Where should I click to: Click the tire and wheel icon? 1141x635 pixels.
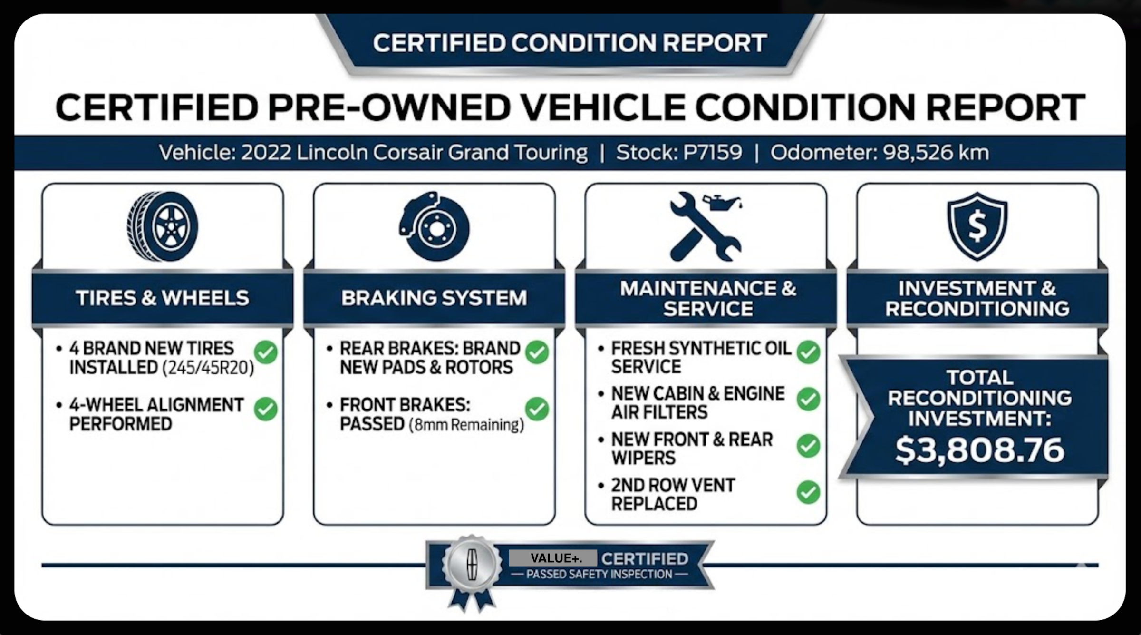[x=163, y=226]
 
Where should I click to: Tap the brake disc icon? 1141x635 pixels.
[x=434, y=226]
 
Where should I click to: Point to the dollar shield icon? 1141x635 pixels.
[x=977, y=226]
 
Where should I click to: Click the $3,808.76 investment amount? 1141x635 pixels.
[x=979, y=450]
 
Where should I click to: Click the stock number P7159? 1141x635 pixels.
[x=712, y=152]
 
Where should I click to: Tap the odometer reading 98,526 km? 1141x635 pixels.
[x=936, y=152]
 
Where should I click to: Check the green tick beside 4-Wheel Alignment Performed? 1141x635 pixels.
[x=266, y=409]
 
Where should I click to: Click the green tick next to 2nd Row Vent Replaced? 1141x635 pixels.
[x=808, y=492]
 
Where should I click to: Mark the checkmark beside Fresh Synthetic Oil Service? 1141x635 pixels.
[x=808, y=352]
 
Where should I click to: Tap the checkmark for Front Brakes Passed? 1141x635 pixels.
[x=537, y=409]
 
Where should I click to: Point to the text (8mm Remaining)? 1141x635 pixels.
[x=466, y=425]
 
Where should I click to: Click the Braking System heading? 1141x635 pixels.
[x=434, y=298]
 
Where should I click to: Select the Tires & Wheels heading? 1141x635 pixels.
[x=163, y=298]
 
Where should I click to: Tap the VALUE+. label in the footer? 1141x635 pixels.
[x=553, y=558]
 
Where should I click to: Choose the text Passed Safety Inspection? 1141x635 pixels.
[x=600, y=574]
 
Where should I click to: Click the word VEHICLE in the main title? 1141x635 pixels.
[x=603, y=107]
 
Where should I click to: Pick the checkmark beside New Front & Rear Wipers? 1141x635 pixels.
[x=808, y=446]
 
